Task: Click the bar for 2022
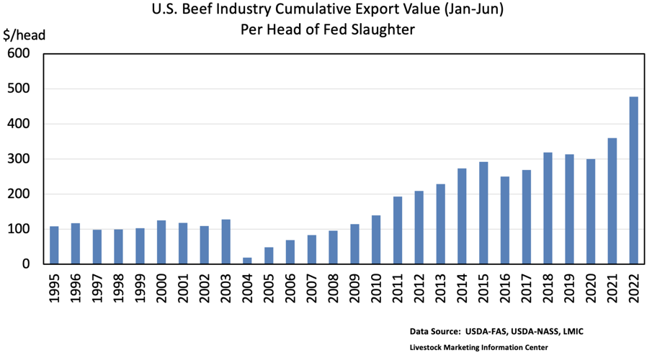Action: tap(634, 180)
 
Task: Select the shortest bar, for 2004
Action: tap(247, 261)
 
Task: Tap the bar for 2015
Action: tap(483, 213)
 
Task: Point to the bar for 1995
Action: tap(54, 245)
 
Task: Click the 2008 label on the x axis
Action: tap(333, 289)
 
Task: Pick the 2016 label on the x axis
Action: tap(505, 289)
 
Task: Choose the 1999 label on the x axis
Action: tap(140, 289)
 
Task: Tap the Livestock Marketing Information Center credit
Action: tap(478, 348)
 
